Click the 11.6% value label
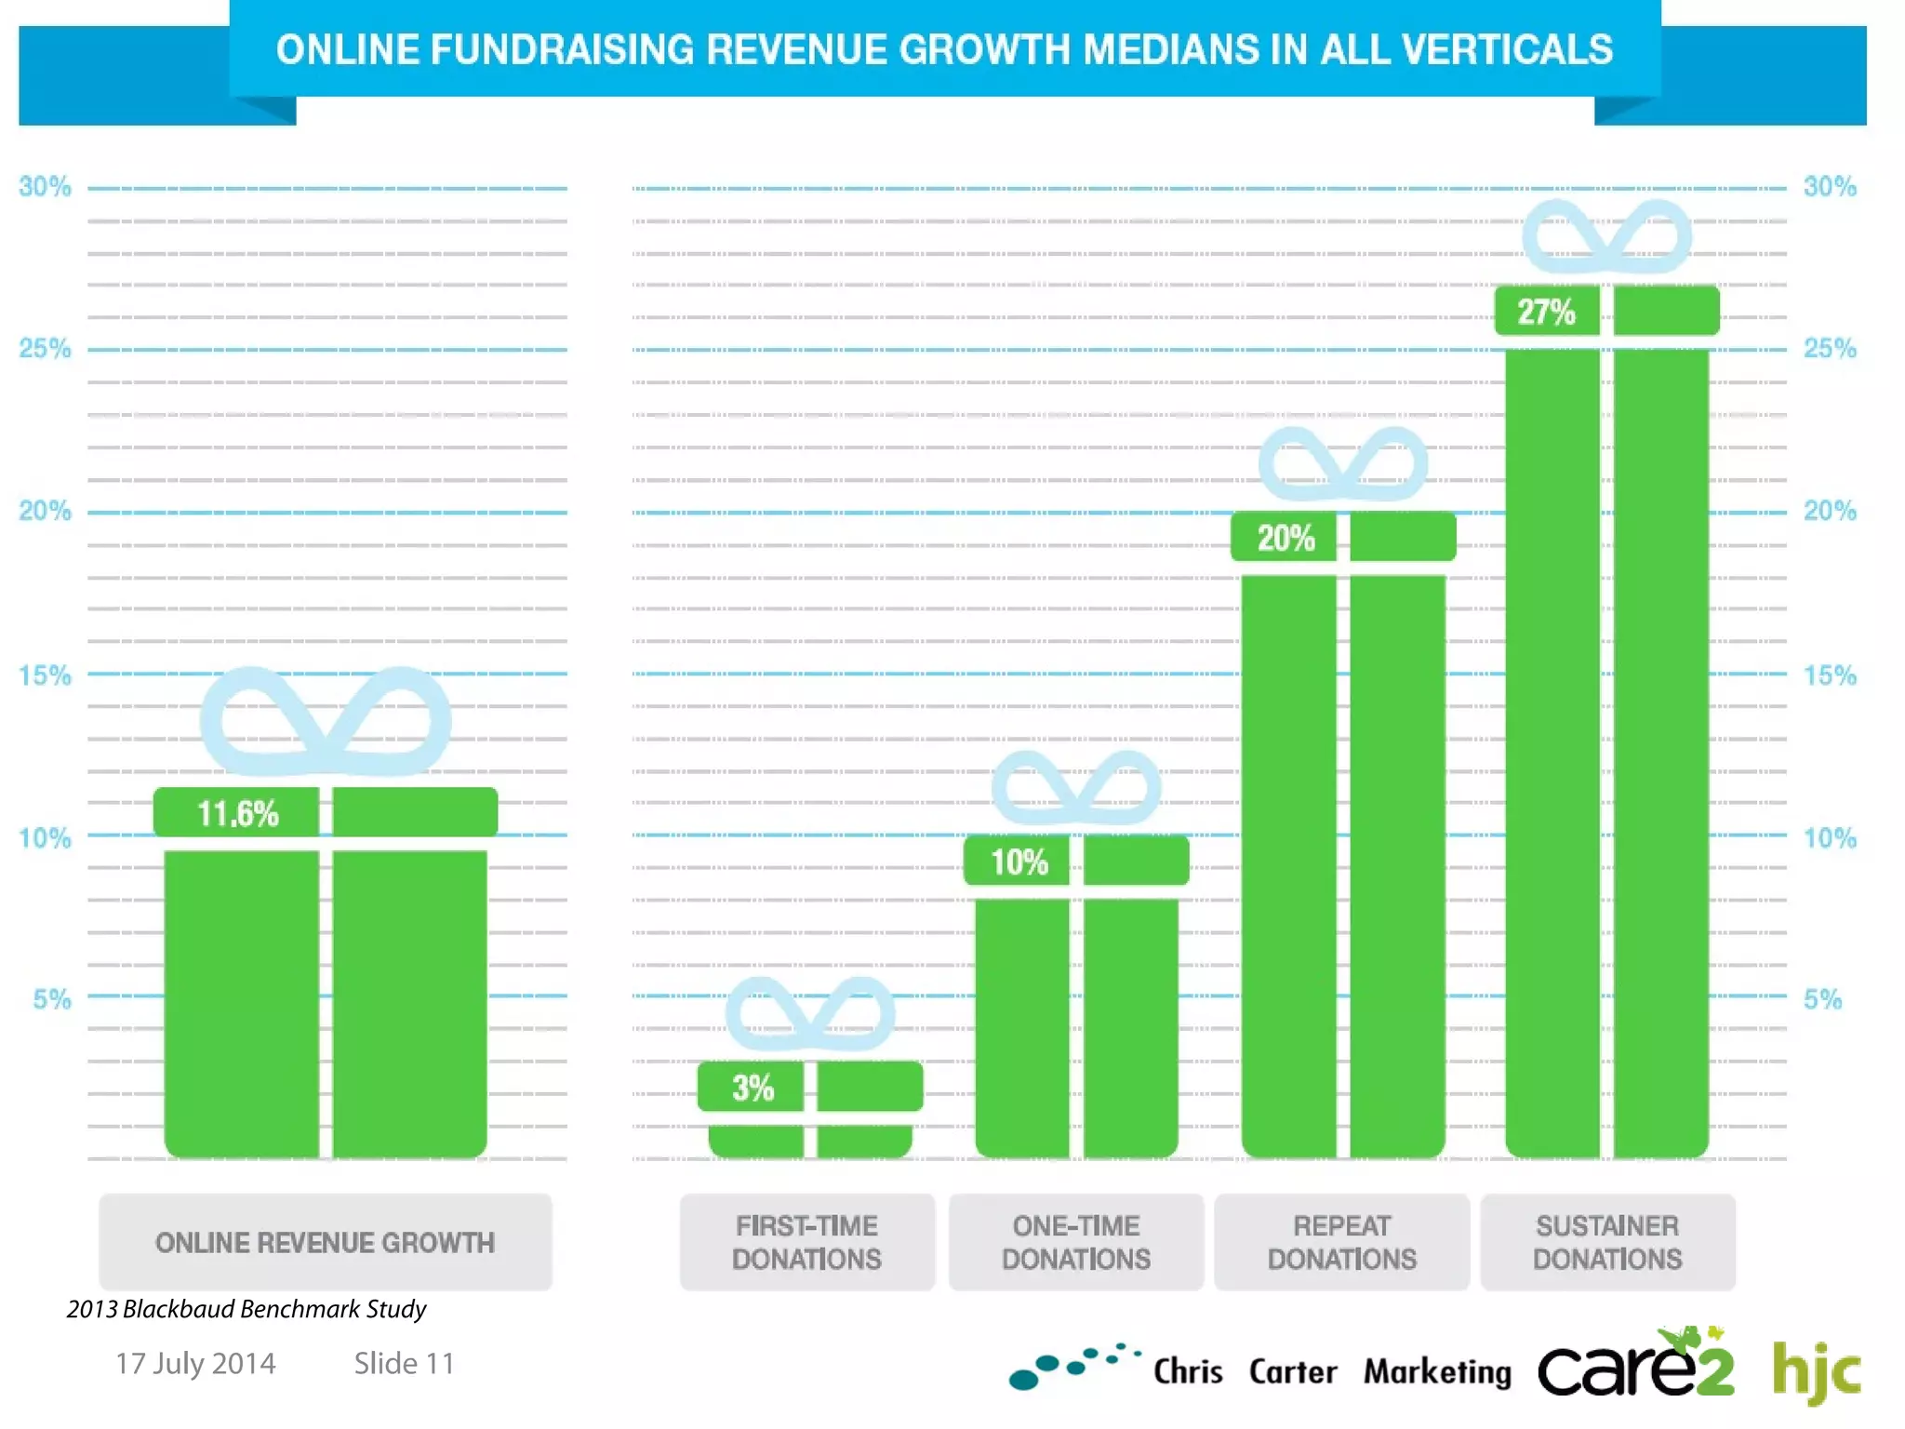tap(237, 814)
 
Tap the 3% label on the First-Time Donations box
tap(753, 1088)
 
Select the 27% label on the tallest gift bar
tap(1546, 312)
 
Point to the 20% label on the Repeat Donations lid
tap(1286, 538)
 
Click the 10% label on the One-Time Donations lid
tap(1019, 862)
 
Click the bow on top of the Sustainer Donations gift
tap(1606, 237)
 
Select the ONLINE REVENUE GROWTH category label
tap(325, 1243)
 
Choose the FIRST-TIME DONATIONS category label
tap(806, 1243)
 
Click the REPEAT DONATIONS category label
tap(1341, 1243)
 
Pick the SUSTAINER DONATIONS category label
tap(1607, 1243)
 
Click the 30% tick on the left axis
tap(45, 187)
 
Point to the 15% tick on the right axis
tap(1830, 675)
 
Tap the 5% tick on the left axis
tap(52, 999)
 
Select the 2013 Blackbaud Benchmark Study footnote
tap(246, 1309)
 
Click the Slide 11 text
tap(404, 1364)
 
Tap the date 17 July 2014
tap(195, 1364)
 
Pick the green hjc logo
tap(1816, 1371)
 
